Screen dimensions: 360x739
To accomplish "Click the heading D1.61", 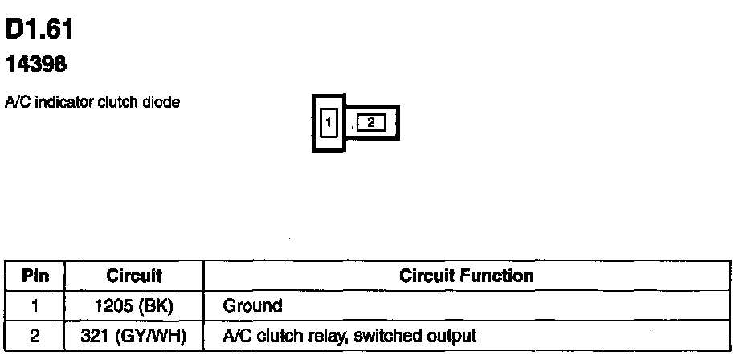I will coord(39,31).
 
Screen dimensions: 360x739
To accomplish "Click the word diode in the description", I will coord(163,102).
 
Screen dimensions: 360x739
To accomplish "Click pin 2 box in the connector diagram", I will coord(371,122).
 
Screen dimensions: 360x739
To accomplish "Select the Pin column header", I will coord(35,276).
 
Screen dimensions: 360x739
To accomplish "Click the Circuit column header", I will coord(134,276).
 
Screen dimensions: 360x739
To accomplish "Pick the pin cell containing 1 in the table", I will coord(35,306).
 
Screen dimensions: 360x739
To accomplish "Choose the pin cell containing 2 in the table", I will coord(35,336).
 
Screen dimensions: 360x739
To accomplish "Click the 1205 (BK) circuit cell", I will coord(134,306).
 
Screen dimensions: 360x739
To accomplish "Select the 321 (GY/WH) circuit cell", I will coord(134,336).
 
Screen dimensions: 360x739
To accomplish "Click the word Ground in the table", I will coord(252,306).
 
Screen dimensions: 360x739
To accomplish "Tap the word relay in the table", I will coord(325,336).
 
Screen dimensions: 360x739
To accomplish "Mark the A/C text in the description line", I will coord(15,102).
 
